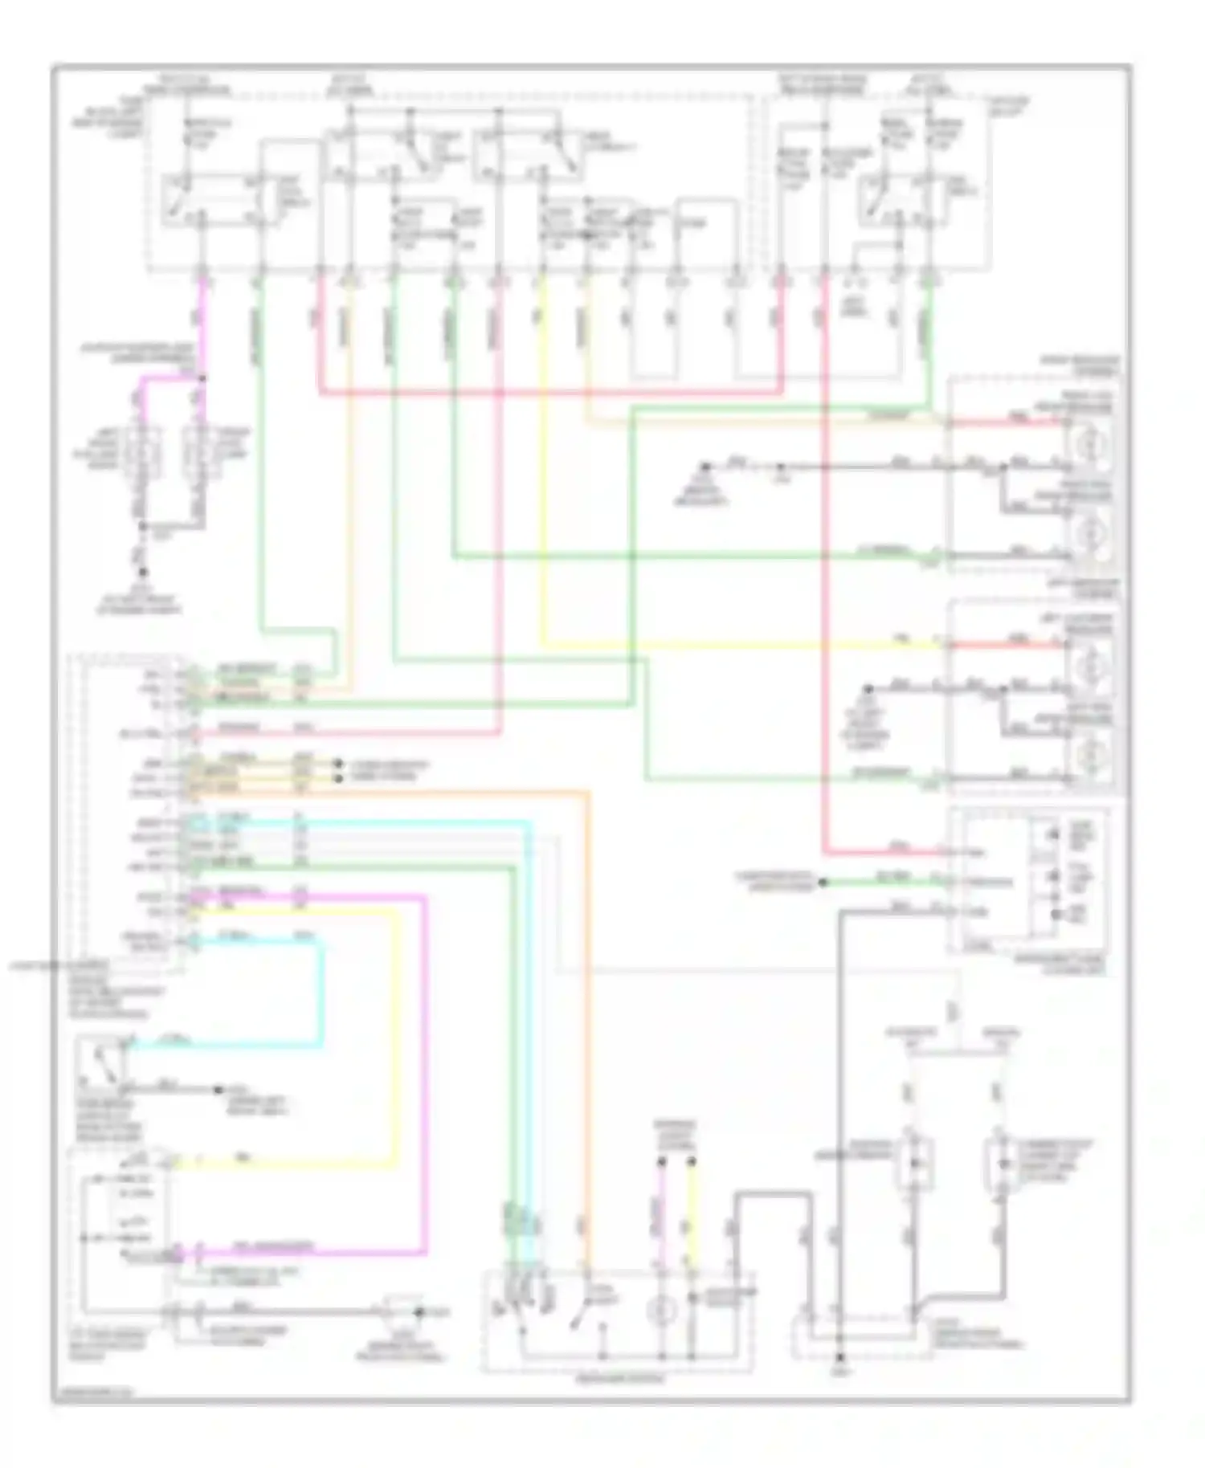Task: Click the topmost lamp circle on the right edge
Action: click(x=1088, y=443)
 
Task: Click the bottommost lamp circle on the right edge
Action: click(x=1088, y=756)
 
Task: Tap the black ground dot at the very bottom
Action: click(x=839, y=1360)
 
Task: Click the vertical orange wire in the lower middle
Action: click(x=589, y=1004)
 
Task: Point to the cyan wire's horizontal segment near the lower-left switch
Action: click(x=225, y=1045)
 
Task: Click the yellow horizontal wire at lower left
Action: click(x=281, y=1160)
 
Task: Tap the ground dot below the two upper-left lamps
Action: click(x=143, y=573)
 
